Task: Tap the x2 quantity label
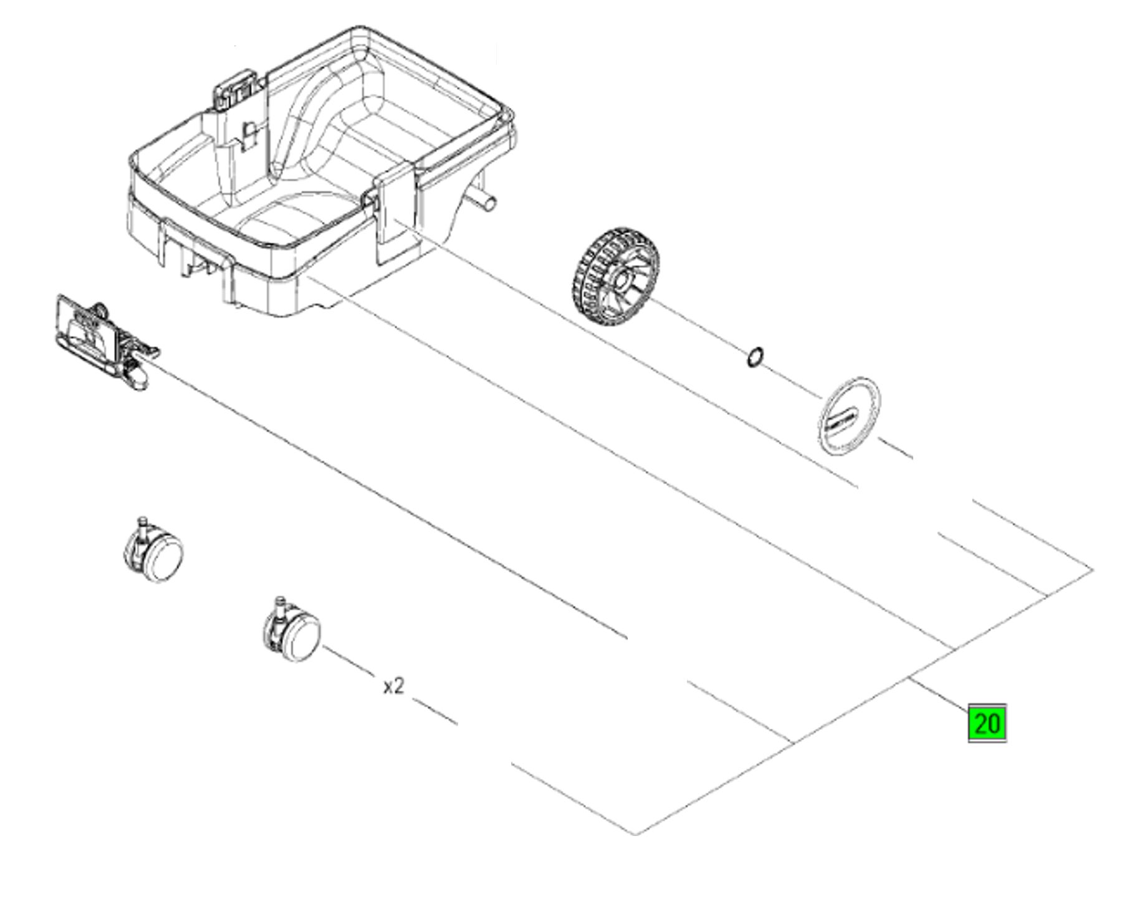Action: tap(393, 686)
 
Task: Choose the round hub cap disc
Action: tap(848, 416)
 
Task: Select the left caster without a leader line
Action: tap(153, 549)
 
